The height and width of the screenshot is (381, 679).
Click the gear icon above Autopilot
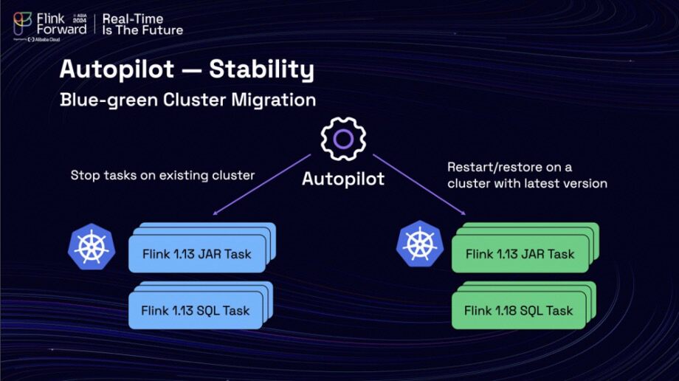pyautogui.click(x=342, y=140)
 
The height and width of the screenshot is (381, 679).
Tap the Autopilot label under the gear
pyautogui.click(x=343, y=179)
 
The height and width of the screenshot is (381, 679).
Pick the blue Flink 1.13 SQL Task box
pyautogui.click(x=196, y=310)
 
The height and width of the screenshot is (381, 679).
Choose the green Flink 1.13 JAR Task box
pyautogui.click(x=520, y=254)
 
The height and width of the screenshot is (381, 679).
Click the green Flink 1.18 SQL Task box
pyautogui.click(x=518, y=311)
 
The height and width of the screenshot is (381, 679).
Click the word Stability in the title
pyautogui.click(x=261, y=69)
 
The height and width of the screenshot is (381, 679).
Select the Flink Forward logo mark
pyautogui.click(x=22, y=21)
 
